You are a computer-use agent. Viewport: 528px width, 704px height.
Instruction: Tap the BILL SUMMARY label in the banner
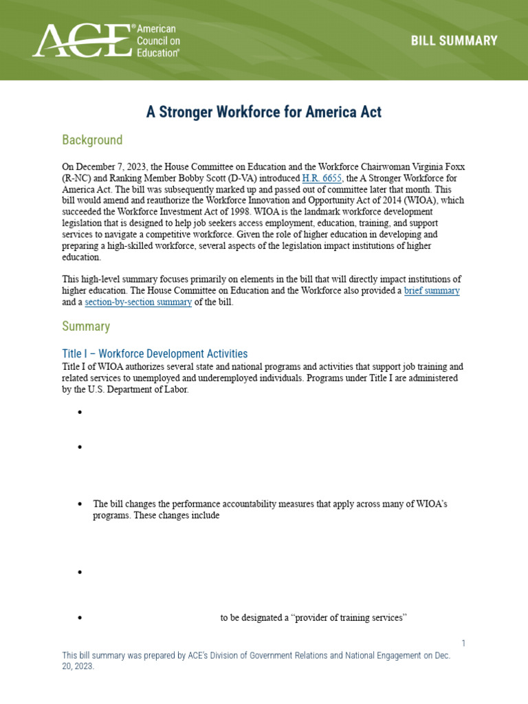454,41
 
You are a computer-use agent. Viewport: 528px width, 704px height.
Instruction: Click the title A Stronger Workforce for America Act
263,112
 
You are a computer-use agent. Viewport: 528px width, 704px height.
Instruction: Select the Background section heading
92,140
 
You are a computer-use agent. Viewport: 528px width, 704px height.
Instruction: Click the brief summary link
432,291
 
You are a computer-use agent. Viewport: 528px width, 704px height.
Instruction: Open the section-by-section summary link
138,302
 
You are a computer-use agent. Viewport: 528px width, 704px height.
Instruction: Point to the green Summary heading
86,326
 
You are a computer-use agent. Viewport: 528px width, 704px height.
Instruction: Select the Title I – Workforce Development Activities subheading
155,353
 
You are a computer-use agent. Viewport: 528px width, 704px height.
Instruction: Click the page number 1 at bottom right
463,643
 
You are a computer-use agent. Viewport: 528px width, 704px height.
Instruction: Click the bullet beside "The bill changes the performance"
80,505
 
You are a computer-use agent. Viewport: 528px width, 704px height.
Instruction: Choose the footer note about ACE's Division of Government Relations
256,661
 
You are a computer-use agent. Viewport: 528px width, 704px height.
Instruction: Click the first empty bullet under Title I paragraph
80,412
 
